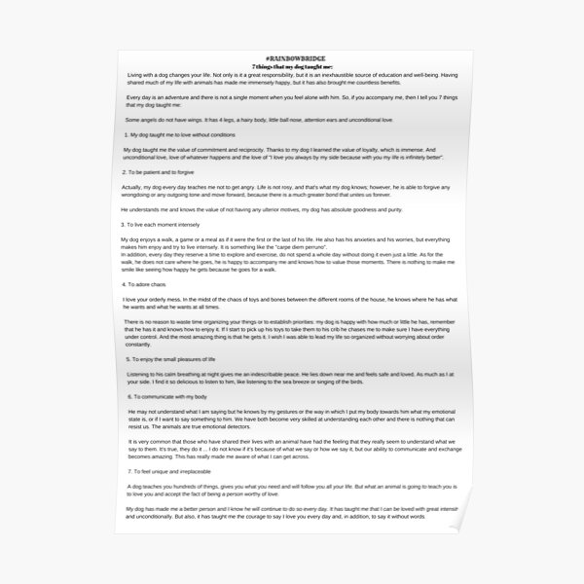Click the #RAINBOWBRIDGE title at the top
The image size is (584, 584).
pyautogui.click(x=291, y=60)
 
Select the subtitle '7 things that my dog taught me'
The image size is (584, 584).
pyautogui.click(x=291, y=68)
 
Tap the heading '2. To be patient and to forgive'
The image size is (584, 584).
pyautogui.click(x=166, y=169)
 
